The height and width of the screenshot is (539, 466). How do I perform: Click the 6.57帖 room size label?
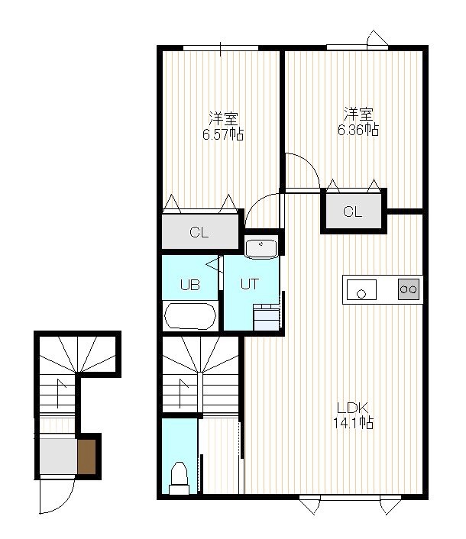pyautogui.click(x=223, y=134)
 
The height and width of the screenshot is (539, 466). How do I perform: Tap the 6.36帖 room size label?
pyautogui.click(x=358, y=130)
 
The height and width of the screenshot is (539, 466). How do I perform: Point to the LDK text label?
pyautogui.click(x=353, y=408)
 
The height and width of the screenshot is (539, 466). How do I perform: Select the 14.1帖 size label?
pyautogui.click(x=353, y=423)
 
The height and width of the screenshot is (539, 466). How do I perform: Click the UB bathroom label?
pyautogui.click(x=190, y=285)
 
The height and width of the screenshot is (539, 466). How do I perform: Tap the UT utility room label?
pyautogui.click(x=249, y=284)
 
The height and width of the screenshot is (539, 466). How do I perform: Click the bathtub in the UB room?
pyautogui.click(x=190, y=316)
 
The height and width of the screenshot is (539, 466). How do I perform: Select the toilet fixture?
pyautogui.click(x=179, y=478)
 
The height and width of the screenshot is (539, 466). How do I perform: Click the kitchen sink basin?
pyautogui.click(x=361, y=290)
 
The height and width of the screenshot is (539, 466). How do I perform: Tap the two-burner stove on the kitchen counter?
pyautogui.click(x=409, y=289)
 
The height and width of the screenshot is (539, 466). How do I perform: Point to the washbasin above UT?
pyautogui.click(x=261, y=248)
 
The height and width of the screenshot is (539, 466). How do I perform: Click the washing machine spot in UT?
pyautogui.click(x=266, y=317)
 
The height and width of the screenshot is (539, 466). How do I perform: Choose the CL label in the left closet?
pyautogui.click(x=199, y=233)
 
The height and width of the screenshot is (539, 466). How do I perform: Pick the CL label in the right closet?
pyautogui.click(x=352, y=211)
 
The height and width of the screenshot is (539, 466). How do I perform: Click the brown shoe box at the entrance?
pyautogui.click(x=86, y=457)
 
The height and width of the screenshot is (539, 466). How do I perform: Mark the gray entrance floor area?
pyautogui.click(x=58, y=456)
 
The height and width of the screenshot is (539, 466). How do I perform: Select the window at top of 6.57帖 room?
pyautogui.click(x=221, y=48)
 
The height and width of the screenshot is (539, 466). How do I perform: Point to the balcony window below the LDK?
pyautogui.click(x=350, y=497)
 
